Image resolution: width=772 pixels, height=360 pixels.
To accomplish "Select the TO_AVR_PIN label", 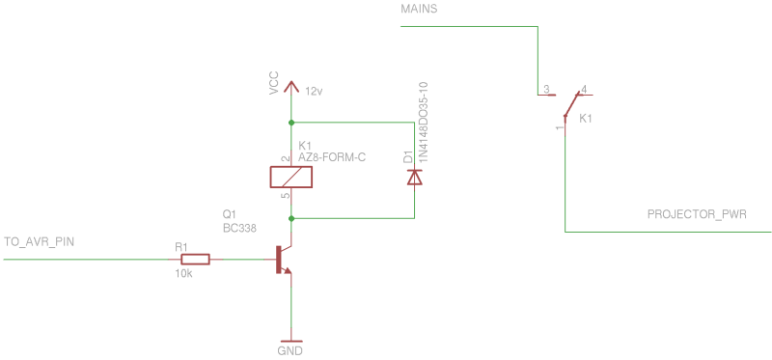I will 40,241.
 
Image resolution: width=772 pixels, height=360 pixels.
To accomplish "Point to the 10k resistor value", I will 183,274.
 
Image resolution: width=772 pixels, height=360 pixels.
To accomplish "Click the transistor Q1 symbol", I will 282,260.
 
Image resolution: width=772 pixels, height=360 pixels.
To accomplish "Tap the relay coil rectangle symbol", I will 291,177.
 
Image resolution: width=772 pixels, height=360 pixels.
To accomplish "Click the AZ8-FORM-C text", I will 332,156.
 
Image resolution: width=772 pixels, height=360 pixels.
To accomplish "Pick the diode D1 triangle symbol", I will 415,177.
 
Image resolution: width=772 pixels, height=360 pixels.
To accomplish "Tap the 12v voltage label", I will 314,92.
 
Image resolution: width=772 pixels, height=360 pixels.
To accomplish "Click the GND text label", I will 289,351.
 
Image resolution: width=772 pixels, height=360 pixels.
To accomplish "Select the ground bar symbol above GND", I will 290,340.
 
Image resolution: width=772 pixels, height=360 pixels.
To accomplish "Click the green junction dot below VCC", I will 291,123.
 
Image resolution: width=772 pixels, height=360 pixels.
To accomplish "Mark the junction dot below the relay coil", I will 291,219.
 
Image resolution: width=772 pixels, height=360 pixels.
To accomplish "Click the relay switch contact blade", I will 570,107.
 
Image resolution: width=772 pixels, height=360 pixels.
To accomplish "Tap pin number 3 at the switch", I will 546,90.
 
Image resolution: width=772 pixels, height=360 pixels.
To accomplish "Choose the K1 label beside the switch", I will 586,119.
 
